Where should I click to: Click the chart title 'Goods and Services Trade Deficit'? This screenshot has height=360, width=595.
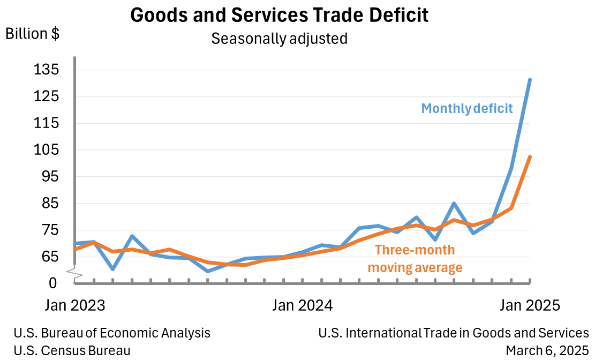[279, 15]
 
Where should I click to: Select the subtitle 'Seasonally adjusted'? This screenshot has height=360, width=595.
[279, 39]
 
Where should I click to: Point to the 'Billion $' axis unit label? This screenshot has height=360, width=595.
[32, 34]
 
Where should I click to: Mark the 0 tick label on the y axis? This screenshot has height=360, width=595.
[52, 282]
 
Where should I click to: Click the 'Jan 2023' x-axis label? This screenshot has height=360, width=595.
[74, 305]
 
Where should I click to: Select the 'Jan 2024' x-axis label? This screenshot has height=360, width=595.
[303, 305]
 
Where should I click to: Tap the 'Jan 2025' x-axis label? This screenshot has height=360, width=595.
[530, 305]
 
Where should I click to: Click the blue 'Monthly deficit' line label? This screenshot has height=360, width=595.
[467, 108]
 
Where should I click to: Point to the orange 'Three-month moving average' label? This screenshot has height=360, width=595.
[415, 259]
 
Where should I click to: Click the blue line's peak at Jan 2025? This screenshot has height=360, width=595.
[530, 80]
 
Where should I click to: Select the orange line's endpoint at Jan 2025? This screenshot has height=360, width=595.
[530, 157]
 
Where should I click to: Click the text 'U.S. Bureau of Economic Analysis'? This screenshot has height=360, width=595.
[112, 333]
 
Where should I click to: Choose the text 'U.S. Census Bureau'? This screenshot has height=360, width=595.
[72, 351]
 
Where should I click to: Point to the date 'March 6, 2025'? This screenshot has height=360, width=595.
[547, 351]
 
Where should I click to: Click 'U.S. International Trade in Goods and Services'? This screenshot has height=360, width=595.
[453, 333]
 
